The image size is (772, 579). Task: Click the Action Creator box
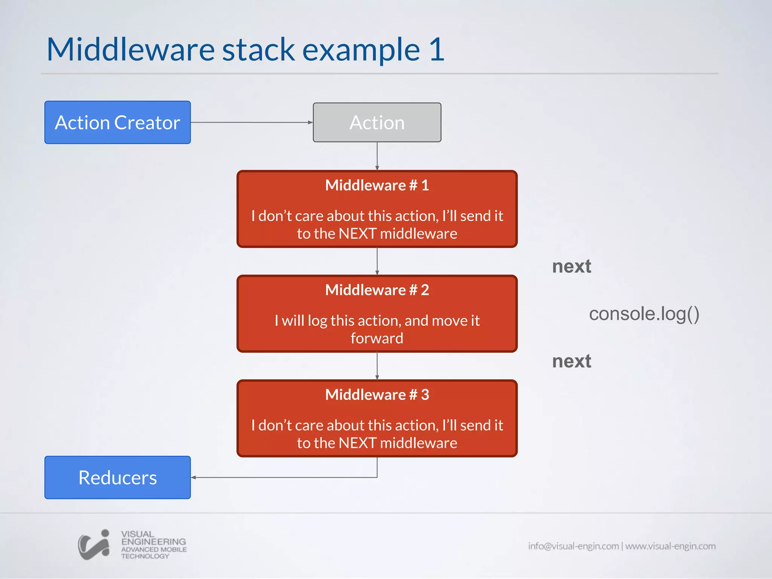coord(117,123)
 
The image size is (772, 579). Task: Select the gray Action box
coord(377,123)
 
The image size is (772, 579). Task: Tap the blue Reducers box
coord(117,478)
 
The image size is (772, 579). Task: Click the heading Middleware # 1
coord(377,185)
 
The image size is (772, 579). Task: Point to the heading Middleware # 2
coord(377,290)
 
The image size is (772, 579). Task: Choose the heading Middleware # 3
coord(377,395)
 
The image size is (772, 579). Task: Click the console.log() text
coord(644,314)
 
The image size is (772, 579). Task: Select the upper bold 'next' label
coord(571,267)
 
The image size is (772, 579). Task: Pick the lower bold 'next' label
coord(571,361)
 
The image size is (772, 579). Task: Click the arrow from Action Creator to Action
coord(252,123)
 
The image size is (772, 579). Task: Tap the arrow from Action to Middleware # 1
coord(377,156)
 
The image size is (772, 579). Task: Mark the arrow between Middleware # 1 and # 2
coord(377,261)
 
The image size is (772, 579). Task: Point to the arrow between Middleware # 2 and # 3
coord(377,366)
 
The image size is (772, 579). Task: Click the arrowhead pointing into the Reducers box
coord(194,478)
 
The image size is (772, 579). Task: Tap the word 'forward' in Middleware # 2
coord(377,339)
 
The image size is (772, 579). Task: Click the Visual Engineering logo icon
coord(94,545)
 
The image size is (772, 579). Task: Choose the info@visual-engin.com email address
coord(573,546)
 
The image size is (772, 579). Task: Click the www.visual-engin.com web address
coord(670,546)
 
